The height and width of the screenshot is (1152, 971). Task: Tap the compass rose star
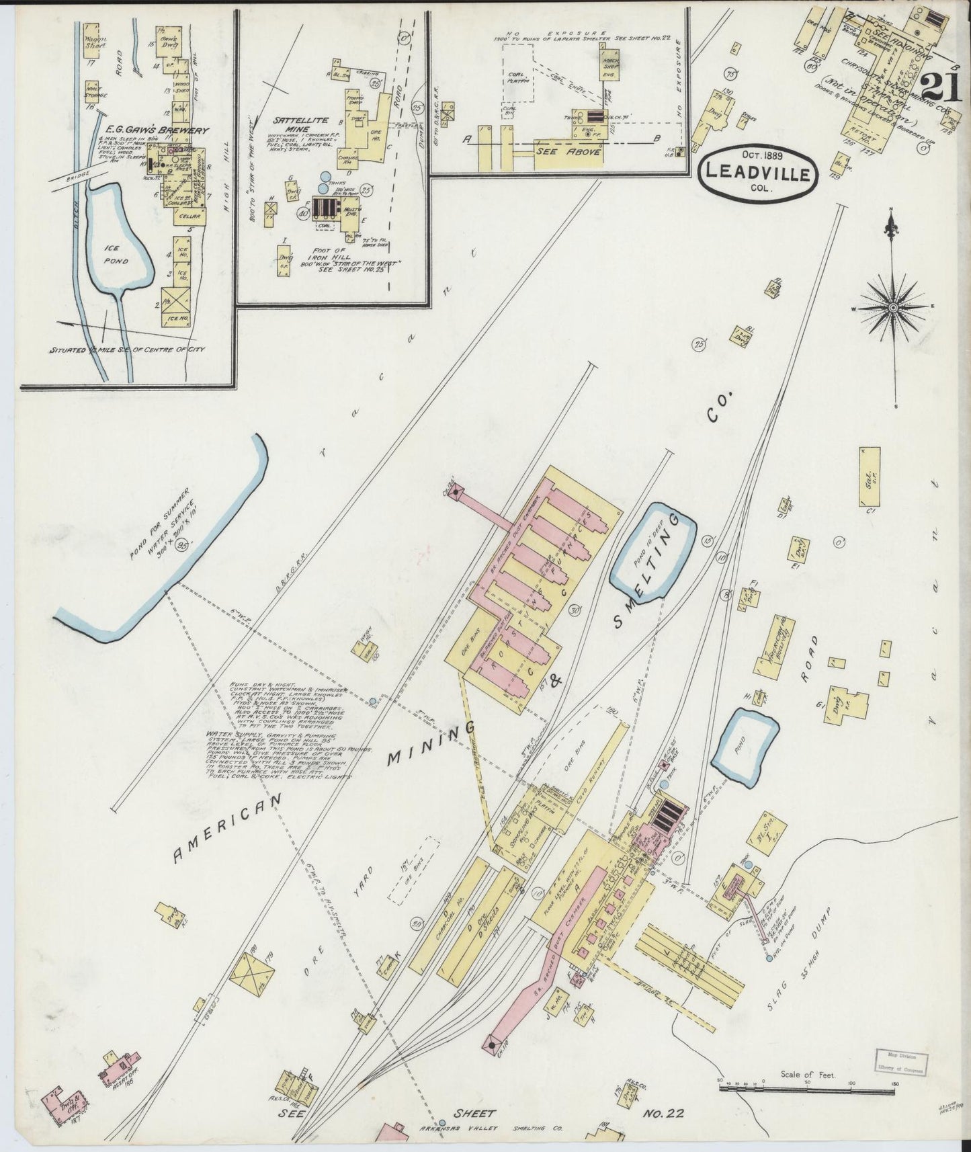click(x=893, y=307)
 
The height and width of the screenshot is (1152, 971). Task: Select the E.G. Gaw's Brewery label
click(x=128, y=130)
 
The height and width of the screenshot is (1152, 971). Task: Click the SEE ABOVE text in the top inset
click(x=568, y=151)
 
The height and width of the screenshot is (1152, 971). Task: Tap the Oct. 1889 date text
click(x=758, y=156)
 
